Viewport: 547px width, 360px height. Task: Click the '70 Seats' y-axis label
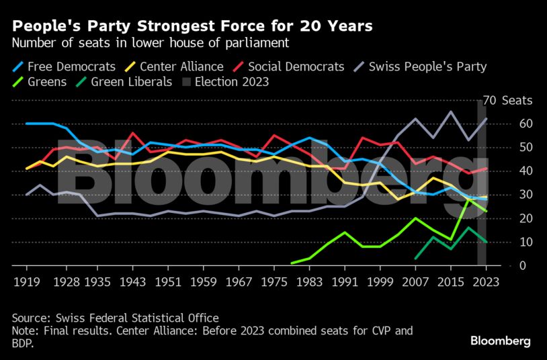point(507,101)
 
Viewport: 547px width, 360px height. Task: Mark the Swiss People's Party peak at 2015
point(450,112)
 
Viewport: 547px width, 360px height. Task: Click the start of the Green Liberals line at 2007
point(415,258)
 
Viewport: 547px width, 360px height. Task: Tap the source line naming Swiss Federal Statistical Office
point(115,318)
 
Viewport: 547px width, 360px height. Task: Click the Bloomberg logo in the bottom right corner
point(500,341)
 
